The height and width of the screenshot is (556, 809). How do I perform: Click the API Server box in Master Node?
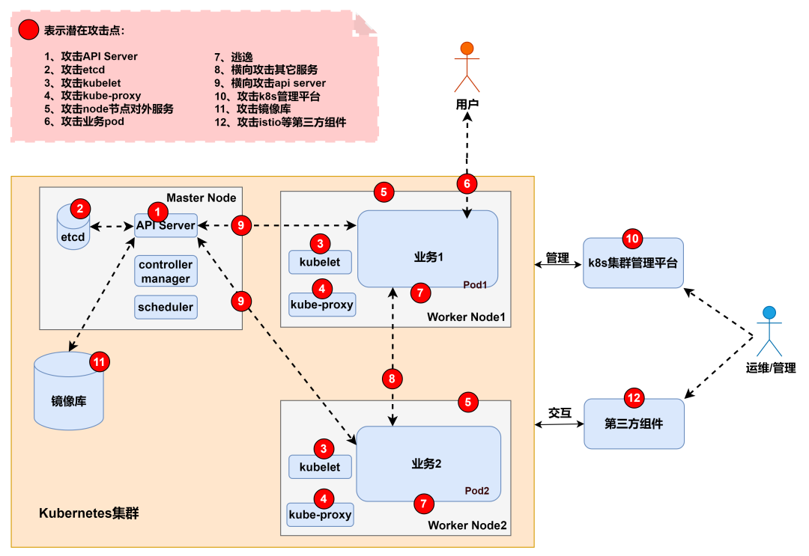166,225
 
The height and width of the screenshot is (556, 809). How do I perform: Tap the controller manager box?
166,272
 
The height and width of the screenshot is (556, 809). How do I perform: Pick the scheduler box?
166,307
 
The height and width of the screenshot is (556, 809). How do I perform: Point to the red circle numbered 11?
100,362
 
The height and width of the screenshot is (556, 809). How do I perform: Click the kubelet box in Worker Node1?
320,262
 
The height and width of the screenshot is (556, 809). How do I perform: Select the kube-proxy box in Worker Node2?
320,515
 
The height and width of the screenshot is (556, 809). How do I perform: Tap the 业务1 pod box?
428,248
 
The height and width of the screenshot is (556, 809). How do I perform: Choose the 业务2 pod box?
428,463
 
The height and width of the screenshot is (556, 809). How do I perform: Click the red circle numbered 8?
392,379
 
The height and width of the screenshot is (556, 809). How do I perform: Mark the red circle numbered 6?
467,183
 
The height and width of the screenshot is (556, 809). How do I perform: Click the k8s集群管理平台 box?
633,263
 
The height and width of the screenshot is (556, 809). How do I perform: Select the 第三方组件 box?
634,424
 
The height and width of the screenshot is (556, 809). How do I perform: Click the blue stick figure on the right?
769,332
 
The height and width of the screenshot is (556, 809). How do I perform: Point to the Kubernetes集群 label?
89,513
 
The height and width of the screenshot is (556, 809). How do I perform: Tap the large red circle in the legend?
28,31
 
